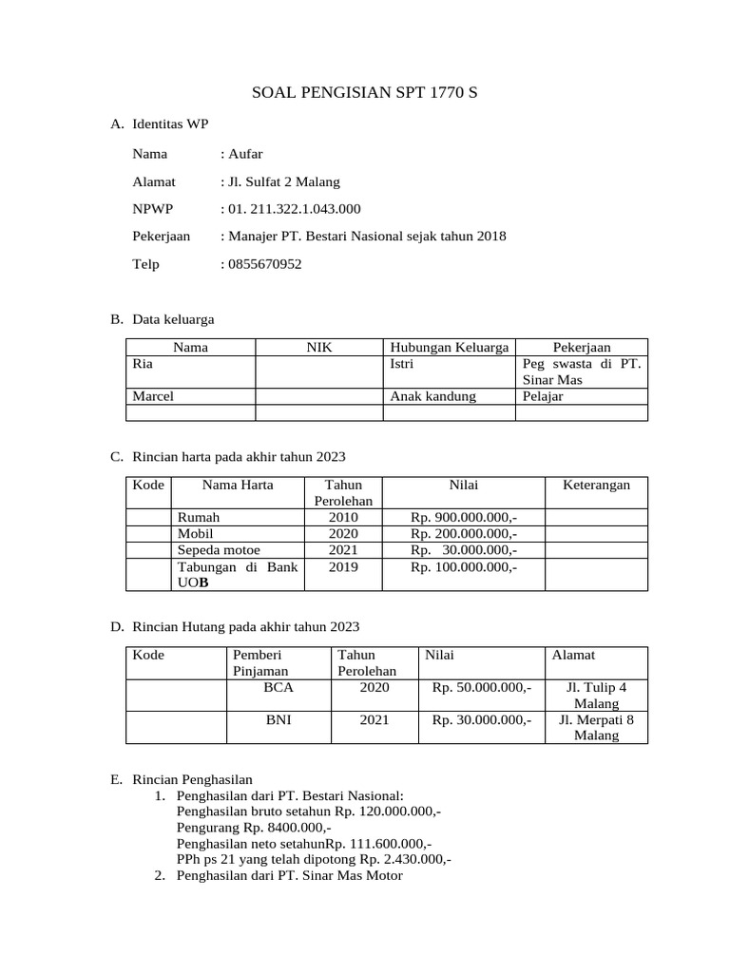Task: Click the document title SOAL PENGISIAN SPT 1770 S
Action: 364,93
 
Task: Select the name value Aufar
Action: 244,153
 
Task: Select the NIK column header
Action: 318,348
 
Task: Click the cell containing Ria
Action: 143,364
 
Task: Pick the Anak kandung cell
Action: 432,396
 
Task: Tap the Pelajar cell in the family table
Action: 543,396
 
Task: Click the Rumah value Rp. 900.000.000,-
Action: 464,517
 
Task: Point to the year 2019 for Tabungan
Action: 342,566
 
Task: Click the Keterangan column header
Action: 596,485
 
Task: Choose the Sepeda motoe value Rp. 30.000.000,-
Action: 464,549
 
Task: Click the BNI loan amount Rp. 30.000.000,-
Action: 482,720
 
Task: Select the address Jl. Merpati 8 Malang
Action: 596,728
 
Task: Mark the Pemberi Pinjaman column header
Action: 259,663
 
